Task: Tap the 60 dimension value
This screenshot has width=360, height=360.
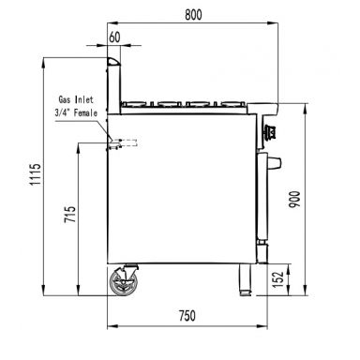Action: (114, 37)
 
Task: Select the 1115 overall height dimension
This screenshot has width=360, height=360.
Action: (36, 175)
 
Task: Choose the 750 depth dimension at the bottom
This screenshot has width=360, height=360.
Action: (187, 317)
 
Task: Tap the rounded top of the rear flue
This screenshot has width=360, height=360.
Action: (112, 61)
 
